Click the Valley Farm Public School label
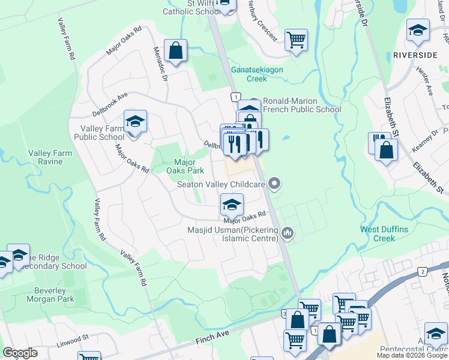[x=99, y=133]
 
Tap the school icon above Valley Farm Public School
[x=135, y=122]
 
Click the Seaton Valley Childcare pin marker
[x=275, y=184]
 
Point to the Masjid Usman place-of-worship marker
[x=288, y=232]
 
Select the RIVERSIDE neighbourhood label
[x=415, y=55]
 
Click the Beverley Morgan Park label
[x=50, y=295]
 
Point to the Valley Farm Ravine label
[x=50, y=157]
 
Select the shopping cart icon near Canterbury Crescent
[x=296, y=40]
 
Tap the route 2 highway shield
[x=423, y=272]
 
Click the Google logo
[x=20, y=353]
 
